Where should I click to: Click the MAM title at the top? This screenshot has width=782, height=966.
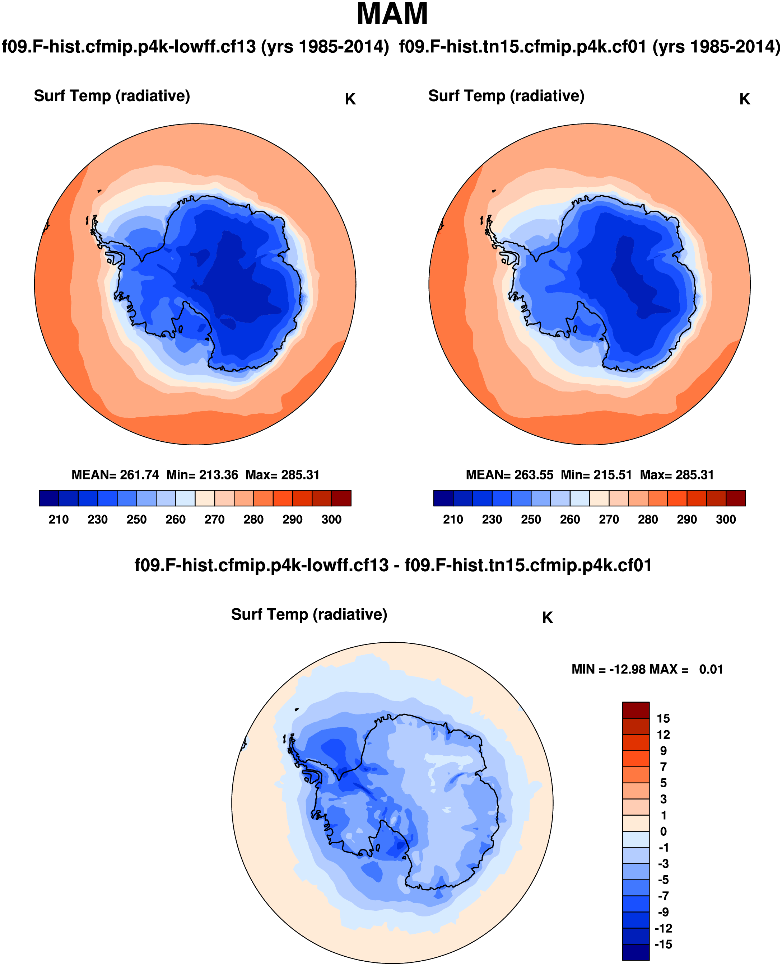click(x=392, y=14)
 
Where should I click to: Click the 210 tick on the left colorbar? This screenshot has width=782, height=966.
click(x=59, y=520)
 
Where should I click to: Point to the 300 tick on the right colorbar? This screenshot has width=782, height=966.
click(x=726, y=520)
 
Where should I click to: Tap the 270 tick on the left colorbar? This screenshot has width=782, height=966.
click(x=214, y=520)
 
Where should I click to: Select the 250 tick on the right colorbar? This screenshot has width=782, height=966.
click(x=531, y=520)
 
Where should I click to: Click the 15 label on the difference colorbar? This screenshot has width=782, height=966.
click(x=663, y=718)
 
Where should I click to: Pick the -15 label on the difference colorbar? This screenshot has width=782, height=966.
click(x=663, y=944)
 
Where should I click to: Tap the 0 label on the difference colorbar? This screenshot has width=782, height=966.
click(x=663, y=831)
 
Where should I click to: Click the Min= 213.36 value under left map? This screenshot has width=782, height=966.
click(x=202, y=475)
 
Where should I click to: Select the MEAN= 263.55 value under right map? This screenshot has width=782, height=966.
click(x=509, y=475)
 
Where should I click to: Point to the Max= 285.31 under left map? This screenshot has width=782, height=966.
click(x=283, y=475)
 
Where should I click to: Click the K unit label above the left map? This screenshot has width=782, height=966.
click(x=350, y=99)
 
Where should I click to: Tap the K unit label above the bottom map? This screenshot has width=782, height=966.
click(x=547, y=618)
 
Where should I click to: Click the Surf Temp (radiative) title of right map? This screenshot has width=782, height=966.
click(x=506, y=96)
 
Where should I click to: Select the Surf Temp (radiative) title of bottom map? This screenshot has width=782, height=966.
click(x=309, y=614)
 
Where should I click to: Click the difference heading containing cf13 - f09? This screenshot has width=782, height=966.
click(x=393, y=565)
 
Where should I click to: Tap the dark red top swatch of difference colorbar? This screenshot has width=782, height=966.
click(x=636, y=710)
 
